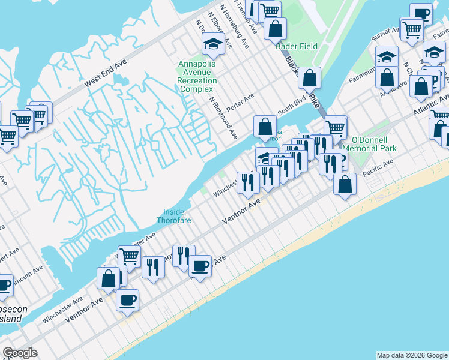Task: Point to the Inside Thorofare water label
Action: tap(174, 216)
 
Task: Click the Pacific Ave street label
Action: tap(378, 167)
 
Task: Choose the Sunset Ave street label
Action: tap(384, 37)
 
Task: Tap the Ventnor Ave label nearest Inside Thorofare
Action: tap(241, 211)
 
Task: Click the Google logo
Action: tap(20, 353)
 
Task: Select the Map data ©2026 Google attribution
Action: tap(412, 355)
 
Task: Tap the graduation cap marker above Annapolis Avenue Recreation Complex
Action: tap(213, 43)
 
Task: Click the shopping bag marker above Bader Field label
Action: tap(275, 28)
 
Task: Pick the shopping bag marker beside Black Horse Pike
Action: tap(309, 77)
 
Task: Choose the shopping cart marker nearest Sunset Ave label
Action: tap(412, 28)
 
